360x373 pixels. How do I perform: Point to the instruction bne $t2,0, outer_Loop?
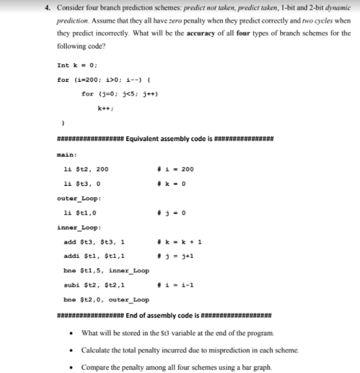click(107, 300)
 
